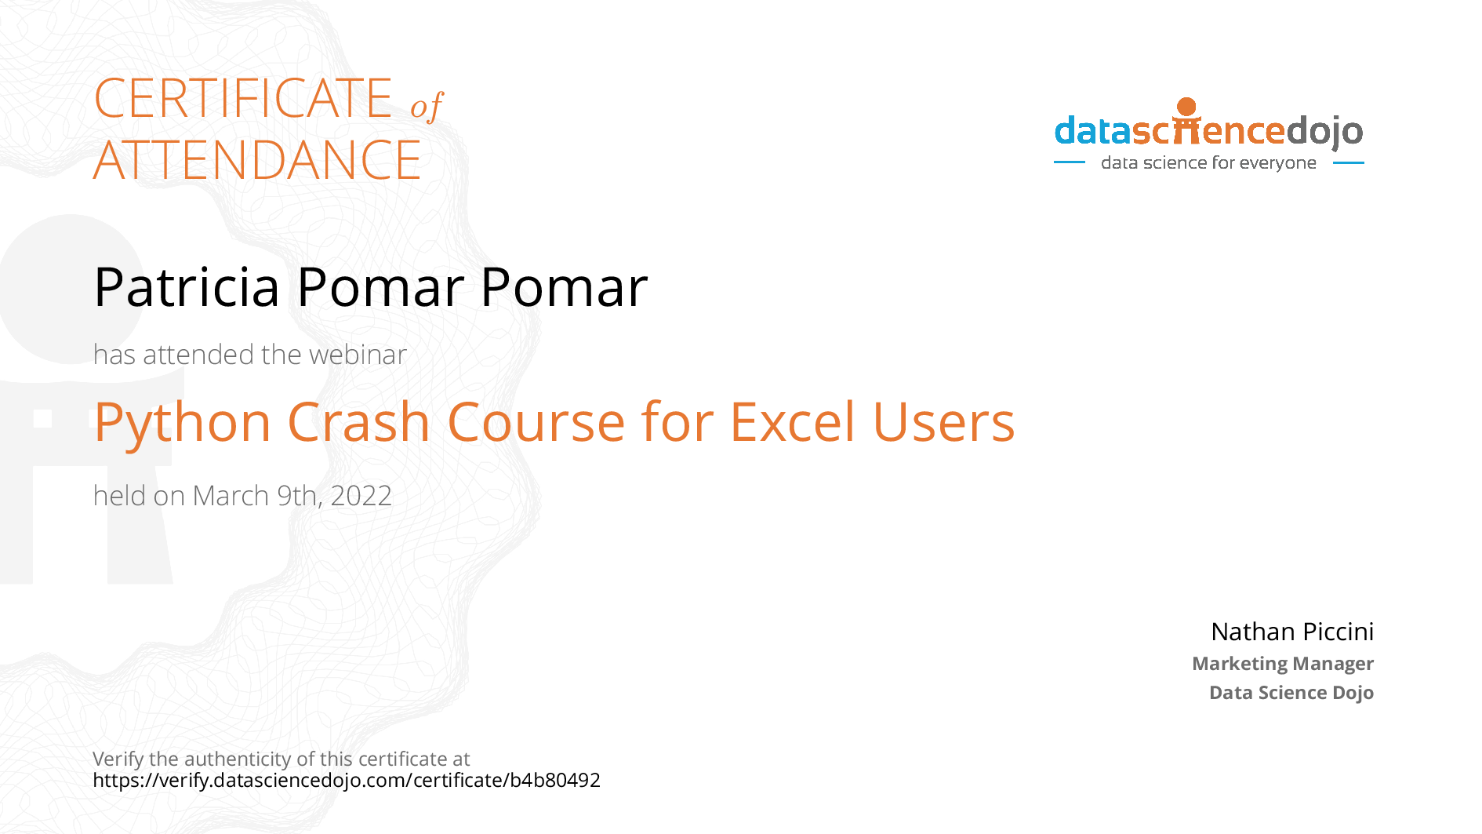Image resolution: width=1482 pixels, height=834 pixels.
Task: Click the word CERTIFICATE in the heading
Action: pos(243,98)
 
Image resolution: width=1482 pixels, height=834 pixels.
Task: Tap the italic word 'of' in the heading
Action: pos(427,106)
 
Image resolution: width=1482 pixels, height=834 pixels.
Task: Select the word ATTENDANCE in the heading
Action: pos(257,160)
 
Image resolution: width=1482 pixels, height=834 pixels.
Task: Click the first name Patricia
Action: pos(187,287)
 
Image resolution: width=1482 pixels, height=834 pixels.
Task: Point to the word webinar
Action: pos(358,355)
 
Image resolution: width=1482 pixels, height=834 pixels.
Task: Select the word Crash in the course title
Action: pos(359,421)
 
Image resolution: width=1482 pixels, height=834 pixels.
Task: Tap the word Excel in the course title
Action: pos(792,421)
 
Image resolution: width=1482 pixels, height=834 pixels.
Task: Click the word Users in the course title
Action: pos(943,421)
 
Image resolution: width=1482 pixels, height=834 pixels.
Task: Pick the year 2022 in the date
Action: pos(361,496)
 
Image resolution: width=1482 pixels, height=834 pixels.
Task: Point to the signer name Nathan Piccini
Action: pos(1292,632)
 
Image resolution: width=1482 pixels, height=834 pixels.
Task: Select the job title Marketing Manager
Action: pos(1283,664)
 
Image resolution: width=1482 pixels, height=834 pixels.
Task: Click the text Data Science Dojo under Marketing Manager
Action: pos(1291,693)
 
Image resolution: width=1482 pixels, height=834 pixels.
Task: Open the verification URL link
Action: pos(347,781)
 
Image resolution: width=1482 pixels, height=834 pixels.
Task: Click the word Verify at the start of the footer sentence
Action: pos(118,759)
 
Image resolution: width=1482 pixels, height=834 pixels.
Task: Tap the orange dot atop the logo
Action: pos(1187,107)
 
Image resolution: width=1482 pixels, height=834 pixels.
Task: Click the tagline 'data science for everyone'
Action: pos(1208,162)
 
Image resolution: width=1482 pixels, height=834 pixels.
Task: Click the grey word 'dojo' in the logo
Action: pos(1325,132)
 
